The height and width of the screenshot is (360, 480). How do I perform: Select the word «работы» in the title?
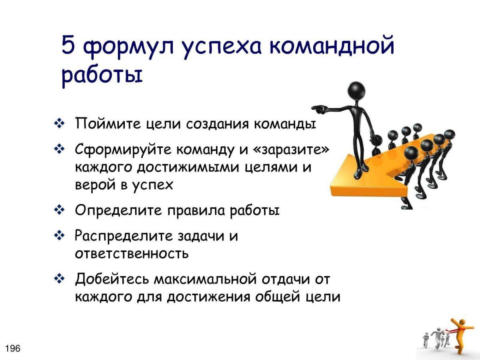[102, 76]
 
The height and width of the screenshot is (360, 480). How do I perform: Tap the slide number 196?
[13, 348]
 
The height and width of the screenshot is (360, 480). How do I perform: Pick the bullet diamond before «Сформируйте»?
[59, 149]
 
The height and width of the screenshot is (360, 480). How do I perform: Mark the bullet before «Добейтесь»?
[59, 278]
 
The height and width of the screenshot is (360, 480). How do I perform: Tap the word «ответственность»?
[132, 254]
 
